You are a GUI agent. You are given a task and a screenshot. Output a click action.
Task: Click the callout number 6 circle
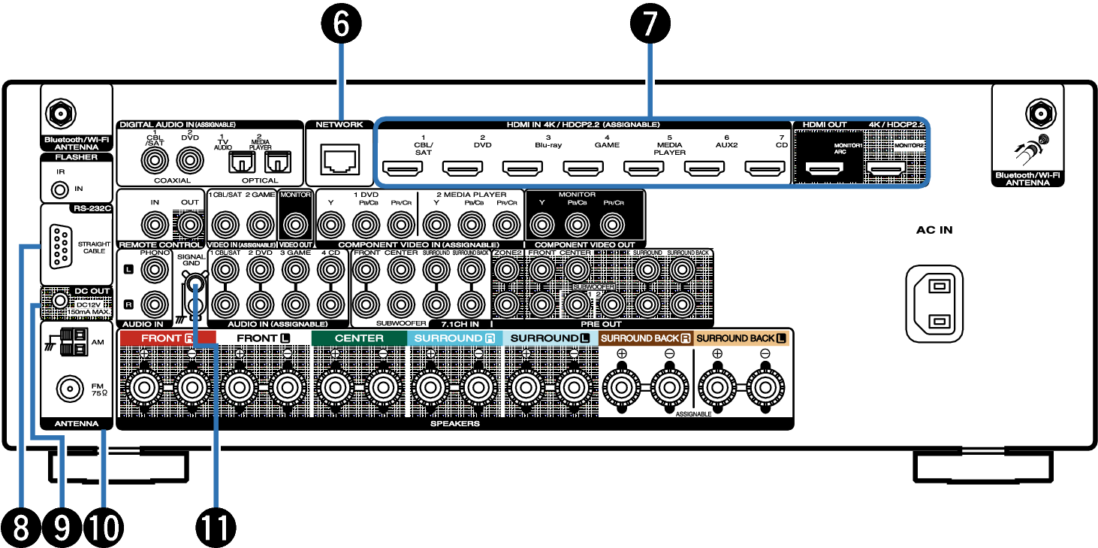(342, 24)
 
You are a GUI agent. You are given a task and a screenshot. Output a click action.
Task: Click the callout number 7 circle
(650, 24)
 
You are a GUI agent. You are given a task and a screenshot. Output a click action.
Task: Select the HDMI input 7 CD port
(765, 168)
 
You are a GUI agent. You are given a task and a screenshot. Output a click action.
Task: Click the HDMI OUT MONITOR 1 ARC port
(825, 170)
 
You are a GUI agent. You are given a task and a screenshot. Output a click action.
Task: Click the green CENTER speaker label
(359, 338)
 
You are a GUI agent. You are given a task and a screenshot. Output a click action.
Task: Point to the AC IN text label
(934, 230)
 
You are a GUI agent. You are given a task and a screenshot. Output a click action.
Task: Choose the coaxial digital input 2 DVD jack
(189, 160)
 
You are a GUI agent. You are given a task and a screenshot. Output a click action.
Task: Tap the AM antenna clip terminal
(74, 341)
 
